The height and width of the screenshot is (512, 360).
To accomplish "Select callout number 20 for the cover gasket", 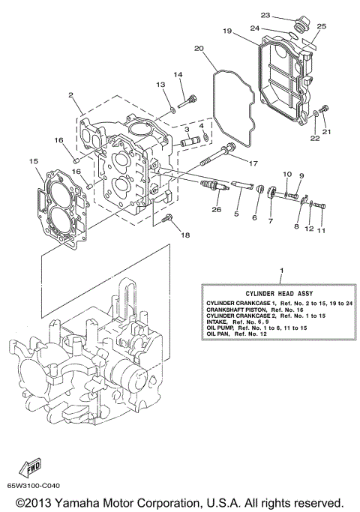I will click(199, 49).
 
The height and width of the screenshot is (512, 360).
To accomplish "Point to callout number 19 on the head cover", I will click(226, 31).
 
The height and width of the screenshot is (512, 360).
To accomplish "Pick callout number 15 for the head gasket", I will click(32, 161).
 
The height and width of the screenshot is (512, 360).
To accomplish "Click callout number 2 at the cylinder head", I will click(70, 95).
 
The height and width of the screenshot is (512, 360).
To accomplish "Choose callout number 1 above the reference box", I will click(281, 270).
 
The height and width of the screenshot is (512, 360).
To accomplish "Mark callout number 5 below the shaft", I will click(235, 214).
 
